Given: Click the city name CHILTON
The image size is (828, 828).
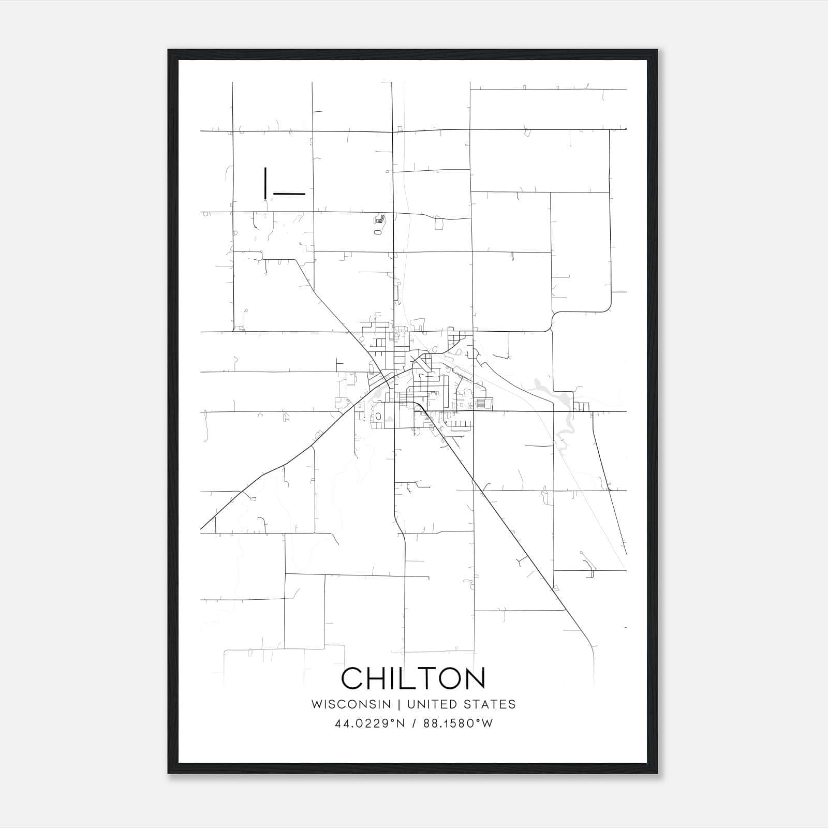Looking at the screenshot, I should [x=413, y=678].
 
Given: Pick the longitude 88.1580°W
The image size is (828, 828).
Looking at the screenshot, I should [x=458, y=723].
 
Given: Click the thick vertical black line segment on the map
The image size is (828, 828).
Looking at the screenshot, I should [x=265, y=183].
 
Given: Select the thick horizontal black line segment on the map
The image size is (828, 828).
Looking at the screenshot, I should [x=289, y=194].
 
